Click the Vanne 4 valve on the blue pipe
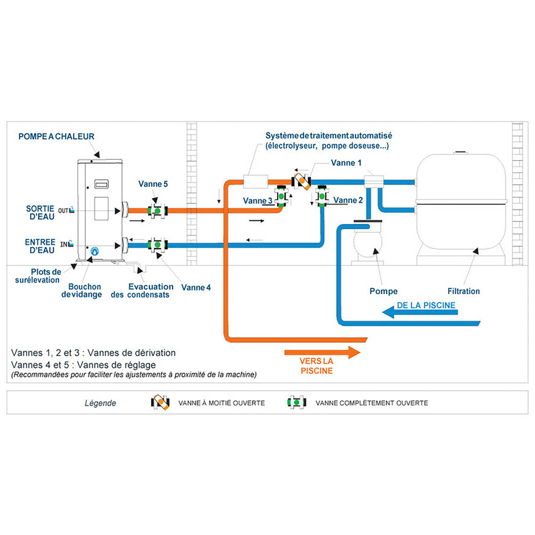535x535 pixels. [x=157, y=245]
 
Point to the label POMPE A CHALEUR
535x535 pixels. [x=56, y=136]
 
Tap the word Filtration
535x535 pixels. [x=463, y=291]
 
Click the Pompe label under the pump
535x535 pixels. [x=384, y=291]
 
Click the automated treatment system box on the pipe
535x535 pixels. [x=254, y=181]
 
